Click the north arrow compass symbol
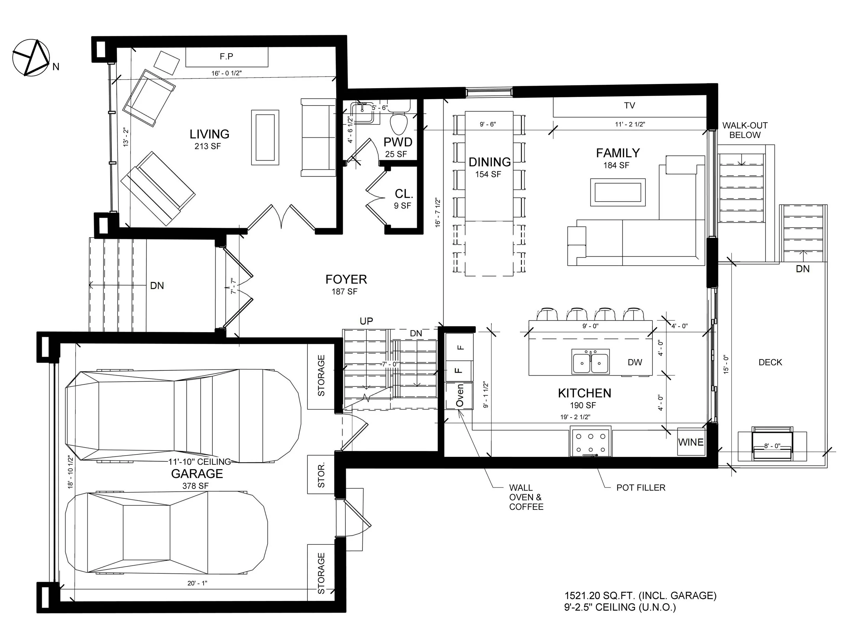31,57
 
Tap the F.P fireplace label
226,57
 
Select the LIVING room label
209,134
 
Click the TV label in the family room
629,105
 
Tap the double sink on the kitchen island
591,361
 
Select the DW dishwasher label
635,362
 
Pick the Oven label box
459,396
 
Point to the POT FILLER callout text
641,488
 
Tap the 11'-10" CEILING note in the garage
199,462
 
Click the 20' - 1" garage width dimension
197,583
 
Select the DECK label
770,362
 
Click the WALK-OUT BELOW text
745,130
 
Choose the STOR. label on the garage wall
321,475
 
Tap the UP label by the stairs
367,321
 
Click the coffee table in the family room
618,192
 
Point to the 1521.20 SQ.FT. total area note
640,596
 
